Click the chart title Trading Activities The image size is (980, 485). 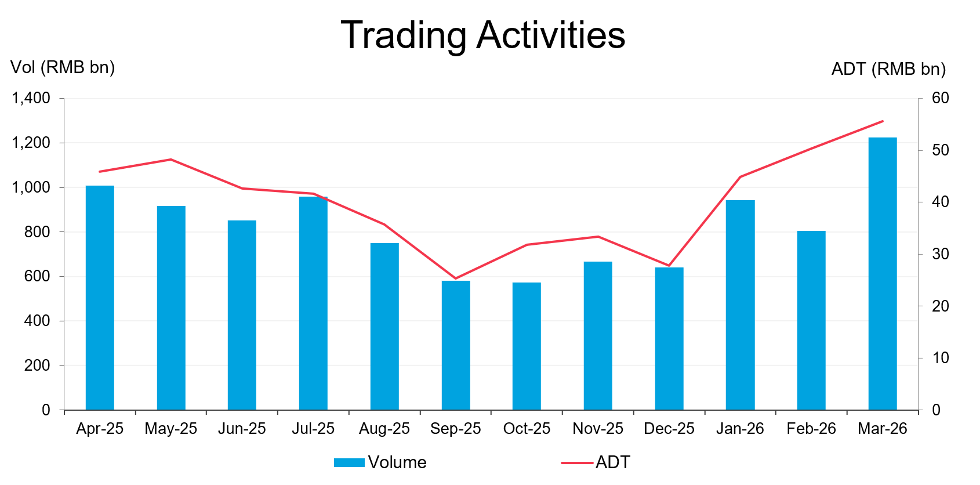pyautogui.click(x=483, y=35)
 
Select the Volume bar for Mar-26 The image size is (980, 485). pyautogui.click(x=882, y=273)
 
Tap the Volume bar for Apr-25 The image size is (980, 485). pyautogui.click(x=100, y=298)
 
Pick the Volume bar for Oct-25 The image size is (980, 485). pyautogui.click(x=527, y=346)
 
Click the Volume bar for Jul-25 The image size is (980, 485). pyautogui.click(x=313, y=303)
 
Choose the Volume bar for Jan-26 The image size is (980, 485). pyautogui.click(x=740, y=305)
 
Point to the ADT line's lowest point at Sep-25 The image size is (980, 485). pyautogui.click(x=456, y=278)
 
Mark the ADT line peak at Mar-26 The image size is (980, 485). pyautogui.click(x=882, y=121)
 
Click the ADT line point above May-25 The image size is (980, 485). pyautogui.click(x=171, y=159)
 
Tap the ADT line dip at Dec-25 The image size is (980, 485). pyautogui.click(x=669, y=266)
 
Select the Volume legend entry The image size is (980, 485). pyautogui.click(x=380, y=462)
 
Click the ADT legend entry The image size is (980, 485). pyautogui.click(x=596, y=462)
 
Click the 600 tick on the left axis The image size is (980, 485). pyautogui.click(x=37, y=276)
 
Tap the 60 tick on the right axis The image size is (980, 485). pyautogui.click(x=940, y=98)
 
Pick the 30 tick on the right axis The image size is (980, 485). pyautogui.click(x=940, y=254)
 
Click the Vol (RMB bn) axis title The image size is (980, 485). pyautogui.click(x=63, y=67)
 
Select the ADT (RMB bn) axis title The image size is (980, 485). pyautogui.click(x=888, y=69)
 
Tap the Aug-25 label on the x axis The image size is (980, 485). pyautogui.click(x=384, y=429)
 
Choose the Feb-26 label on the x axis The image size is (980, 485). pyautogui.click(x=811, y=429)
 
